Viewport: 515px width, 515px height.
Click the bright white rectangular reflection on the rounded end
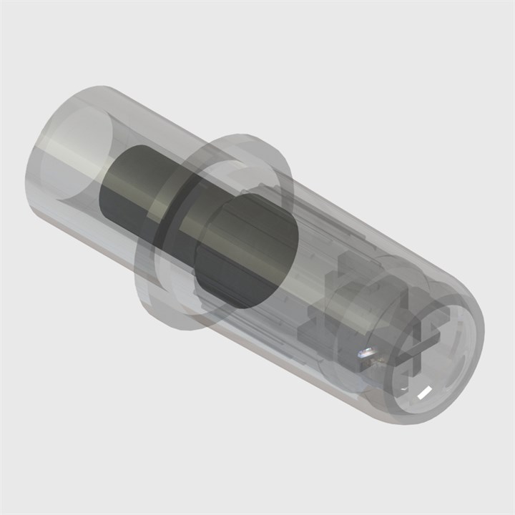(x=422, y=391)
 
